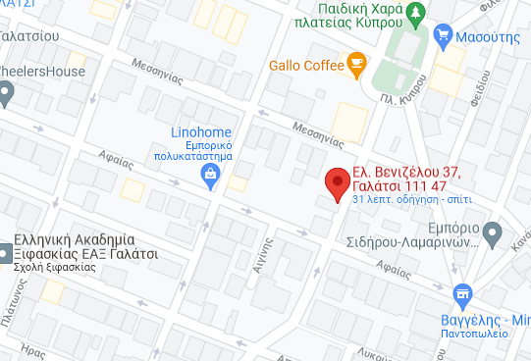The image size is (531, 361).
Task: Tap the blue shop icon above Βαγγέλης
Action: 461,293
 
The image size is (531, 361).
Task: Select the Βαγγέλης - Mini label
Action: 492,320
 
